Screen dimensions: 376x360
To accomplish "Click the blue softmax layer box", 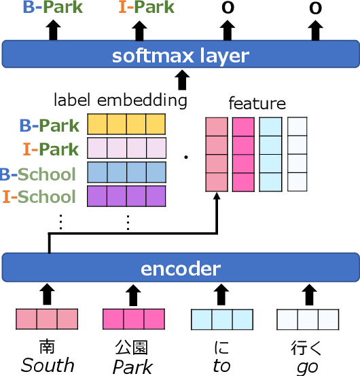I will coord(180,55).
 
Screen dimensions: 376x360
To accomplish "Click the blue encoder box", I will coord(180,268).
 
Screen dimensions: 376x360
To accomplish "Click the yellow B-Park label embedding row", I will coord(126,124).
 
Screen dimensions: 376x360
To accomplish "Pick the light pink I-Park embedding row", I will coord(126,148).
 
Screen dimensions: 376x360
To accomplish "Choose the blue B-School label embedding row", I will coord(126,172).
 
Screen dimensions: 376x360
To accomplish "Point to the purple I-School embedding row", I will coord(126,196).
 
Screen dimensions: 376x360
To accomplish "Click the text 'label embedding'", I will coord(120,101).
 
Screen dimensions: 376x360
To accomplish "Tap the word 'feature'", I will coord(257,104).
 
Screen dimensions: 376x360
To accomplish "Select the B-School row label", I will coord(38,174).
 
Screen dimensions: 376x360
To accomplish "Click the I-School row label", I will coord(39,198).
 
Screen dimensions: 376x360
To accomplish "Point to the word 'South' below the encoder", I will coord(47,366).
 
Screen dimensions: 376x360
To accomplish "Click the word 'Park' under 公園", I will coord(132,366).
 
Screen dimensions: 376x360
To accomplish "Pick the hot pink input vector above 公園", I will coord(133,319).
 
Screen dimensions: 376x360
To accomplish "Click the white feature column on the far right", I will coord(297,155).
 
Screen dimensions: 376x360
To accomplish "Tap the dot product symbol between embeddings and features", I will coord(185,158).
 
